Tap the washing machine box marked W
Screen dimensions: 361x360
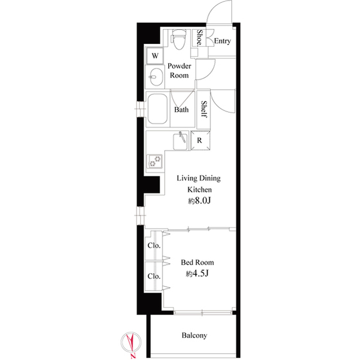155,56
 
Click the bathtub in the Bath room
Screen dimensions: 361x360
157,109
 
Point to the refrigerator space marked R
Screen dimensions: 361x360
200,140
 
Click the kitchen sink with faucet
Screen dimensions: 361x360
180,141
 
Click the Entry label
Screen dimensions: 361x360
222,41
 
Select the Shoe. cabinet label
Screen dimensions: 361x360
199,38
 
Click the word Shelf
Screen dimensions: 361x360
204,109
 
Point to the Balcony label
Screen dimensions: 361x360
194,335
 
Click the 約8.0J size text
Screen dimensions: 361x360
199,201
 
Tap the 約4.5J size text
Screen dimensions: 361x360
197,274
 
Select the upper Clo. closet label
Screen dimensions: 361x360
154,246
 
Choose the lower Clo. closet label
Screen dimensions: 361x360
154,276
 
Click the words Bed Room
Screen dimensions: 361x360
197,263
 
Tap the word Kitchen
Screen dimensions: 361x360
199,190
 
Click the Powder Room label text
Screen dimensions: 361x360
179,70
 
